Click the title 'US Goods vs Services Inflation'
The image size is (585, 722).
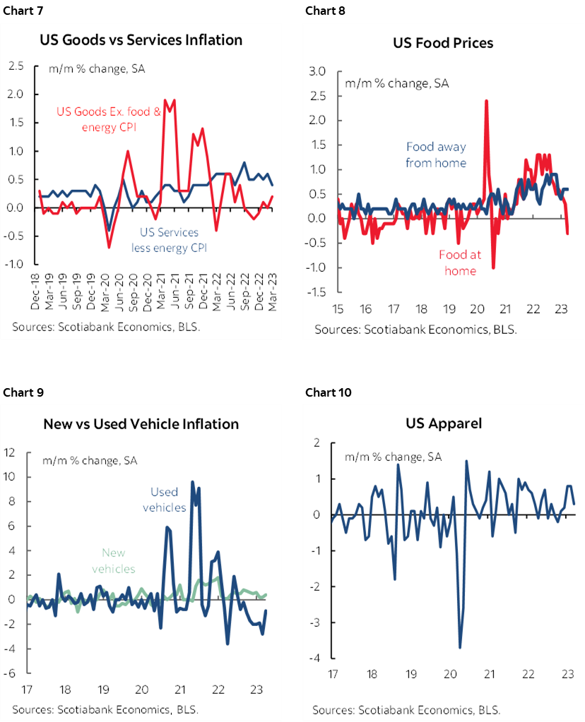141,40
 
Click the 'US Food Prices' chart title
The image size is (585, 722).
443,43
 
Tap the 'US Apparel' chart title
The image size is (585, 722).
442,423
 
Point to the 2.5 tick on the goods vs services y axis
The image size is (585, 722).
16,66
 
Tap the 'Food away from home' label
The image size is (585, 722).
436,155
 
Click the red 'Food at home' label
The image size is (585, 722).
459,262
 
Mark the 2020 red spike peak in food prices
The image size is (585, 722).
486,100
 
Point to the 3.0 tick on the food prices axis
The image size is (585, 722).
317,71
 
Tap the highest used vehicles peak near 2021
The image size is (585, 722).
192,482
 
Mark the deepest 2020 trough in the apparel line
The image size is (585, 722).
460,647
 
